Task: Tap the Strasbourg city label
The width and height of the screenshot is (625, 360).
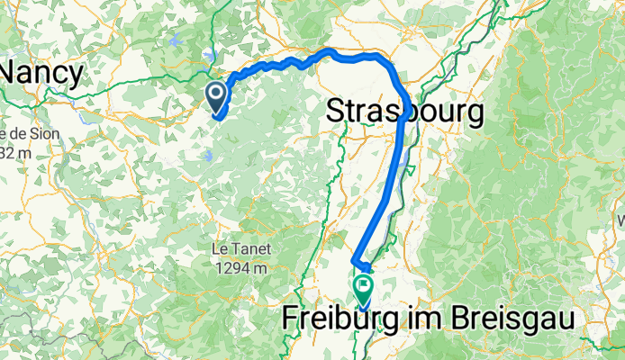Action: [403, 112]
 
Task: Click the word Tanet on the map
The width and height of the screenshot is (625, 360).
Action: [253, 248]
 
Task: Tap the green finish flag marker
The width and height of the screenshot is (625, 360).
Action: [364, 289]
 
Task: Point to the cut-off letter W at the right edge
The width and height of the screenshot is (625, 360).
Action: [620, 219]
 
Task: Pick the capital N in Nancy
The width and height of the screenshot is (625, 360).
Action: [14, 72]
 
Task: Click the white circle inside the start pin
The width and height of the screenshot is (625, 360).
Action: [217, 92]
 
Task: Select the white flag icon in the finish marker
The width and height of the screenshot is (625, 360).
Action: [364, 285]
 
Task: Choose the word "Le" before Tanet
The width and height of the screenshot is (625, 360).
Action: [222, 248]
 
